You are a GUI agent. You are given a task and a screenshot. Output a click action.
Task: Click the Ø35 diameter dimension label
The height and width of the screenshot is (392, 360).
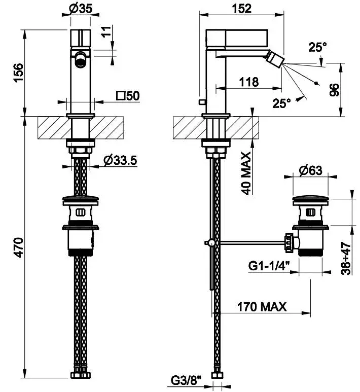coord(80,9)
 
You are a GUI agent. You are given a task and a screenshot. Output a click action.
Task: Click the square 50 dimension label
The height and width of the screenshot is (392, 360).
coord(128,95)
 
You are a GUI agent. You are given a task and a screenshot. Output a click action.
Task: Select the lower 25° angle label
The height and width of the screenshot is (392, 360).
coord(282,103)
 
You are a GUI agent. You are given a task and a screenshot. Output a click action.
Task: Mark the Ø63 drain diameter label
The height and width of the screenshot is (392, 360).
coord(310,171)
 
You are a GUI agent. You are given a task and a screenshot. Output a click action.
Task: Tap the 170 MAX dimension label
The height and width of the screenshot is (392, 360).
coord(262,306)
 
